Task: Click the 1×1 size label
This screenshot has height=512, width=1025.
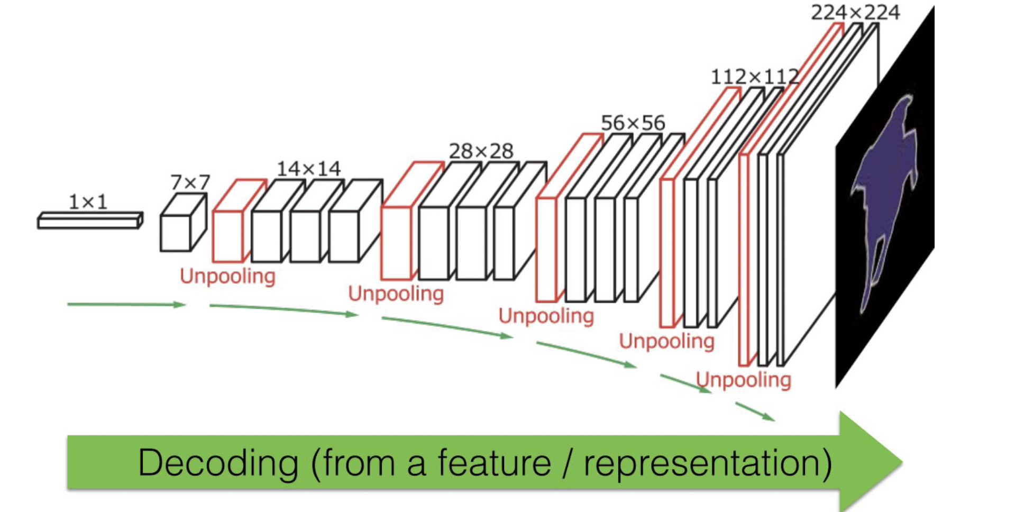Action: (x=88, y=202)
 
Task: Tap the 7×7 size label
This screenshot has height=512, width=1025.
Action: (x=190, y=182)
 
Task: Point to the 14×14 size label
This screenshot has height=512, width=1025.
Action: (x=308, y=169)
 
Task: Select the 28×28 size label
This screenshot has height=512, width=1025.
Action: (x=481, y=151)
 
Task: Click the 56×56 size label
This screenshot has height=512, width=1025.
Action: (x=633, y=123)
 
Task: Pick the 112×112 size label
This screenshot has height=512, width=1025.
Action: (x=754, y=77)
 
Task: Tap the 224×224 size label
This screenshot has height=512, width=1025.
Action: (x=855, y=12)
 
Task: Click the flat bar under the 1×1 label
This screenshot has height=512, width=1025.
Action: (x=89, y=222)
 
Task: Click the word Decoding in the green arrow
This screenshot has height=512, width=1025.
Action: (x=218, y=463)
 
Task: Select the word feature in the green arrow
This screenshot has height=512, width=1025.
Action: (x=494, y=463)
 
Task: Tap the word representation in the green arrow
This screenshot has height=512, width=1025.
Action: (x=706, y=463)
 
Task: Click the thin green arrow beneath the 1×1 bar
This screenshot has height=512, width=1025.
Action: (x=126, y=305)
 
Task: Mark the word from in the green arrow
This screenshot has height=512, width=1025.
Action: (x=358, y=463)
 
